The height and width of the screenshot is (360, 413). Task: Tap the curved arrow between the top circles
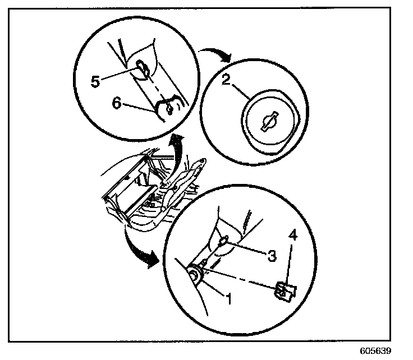(x=216, y=53)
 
